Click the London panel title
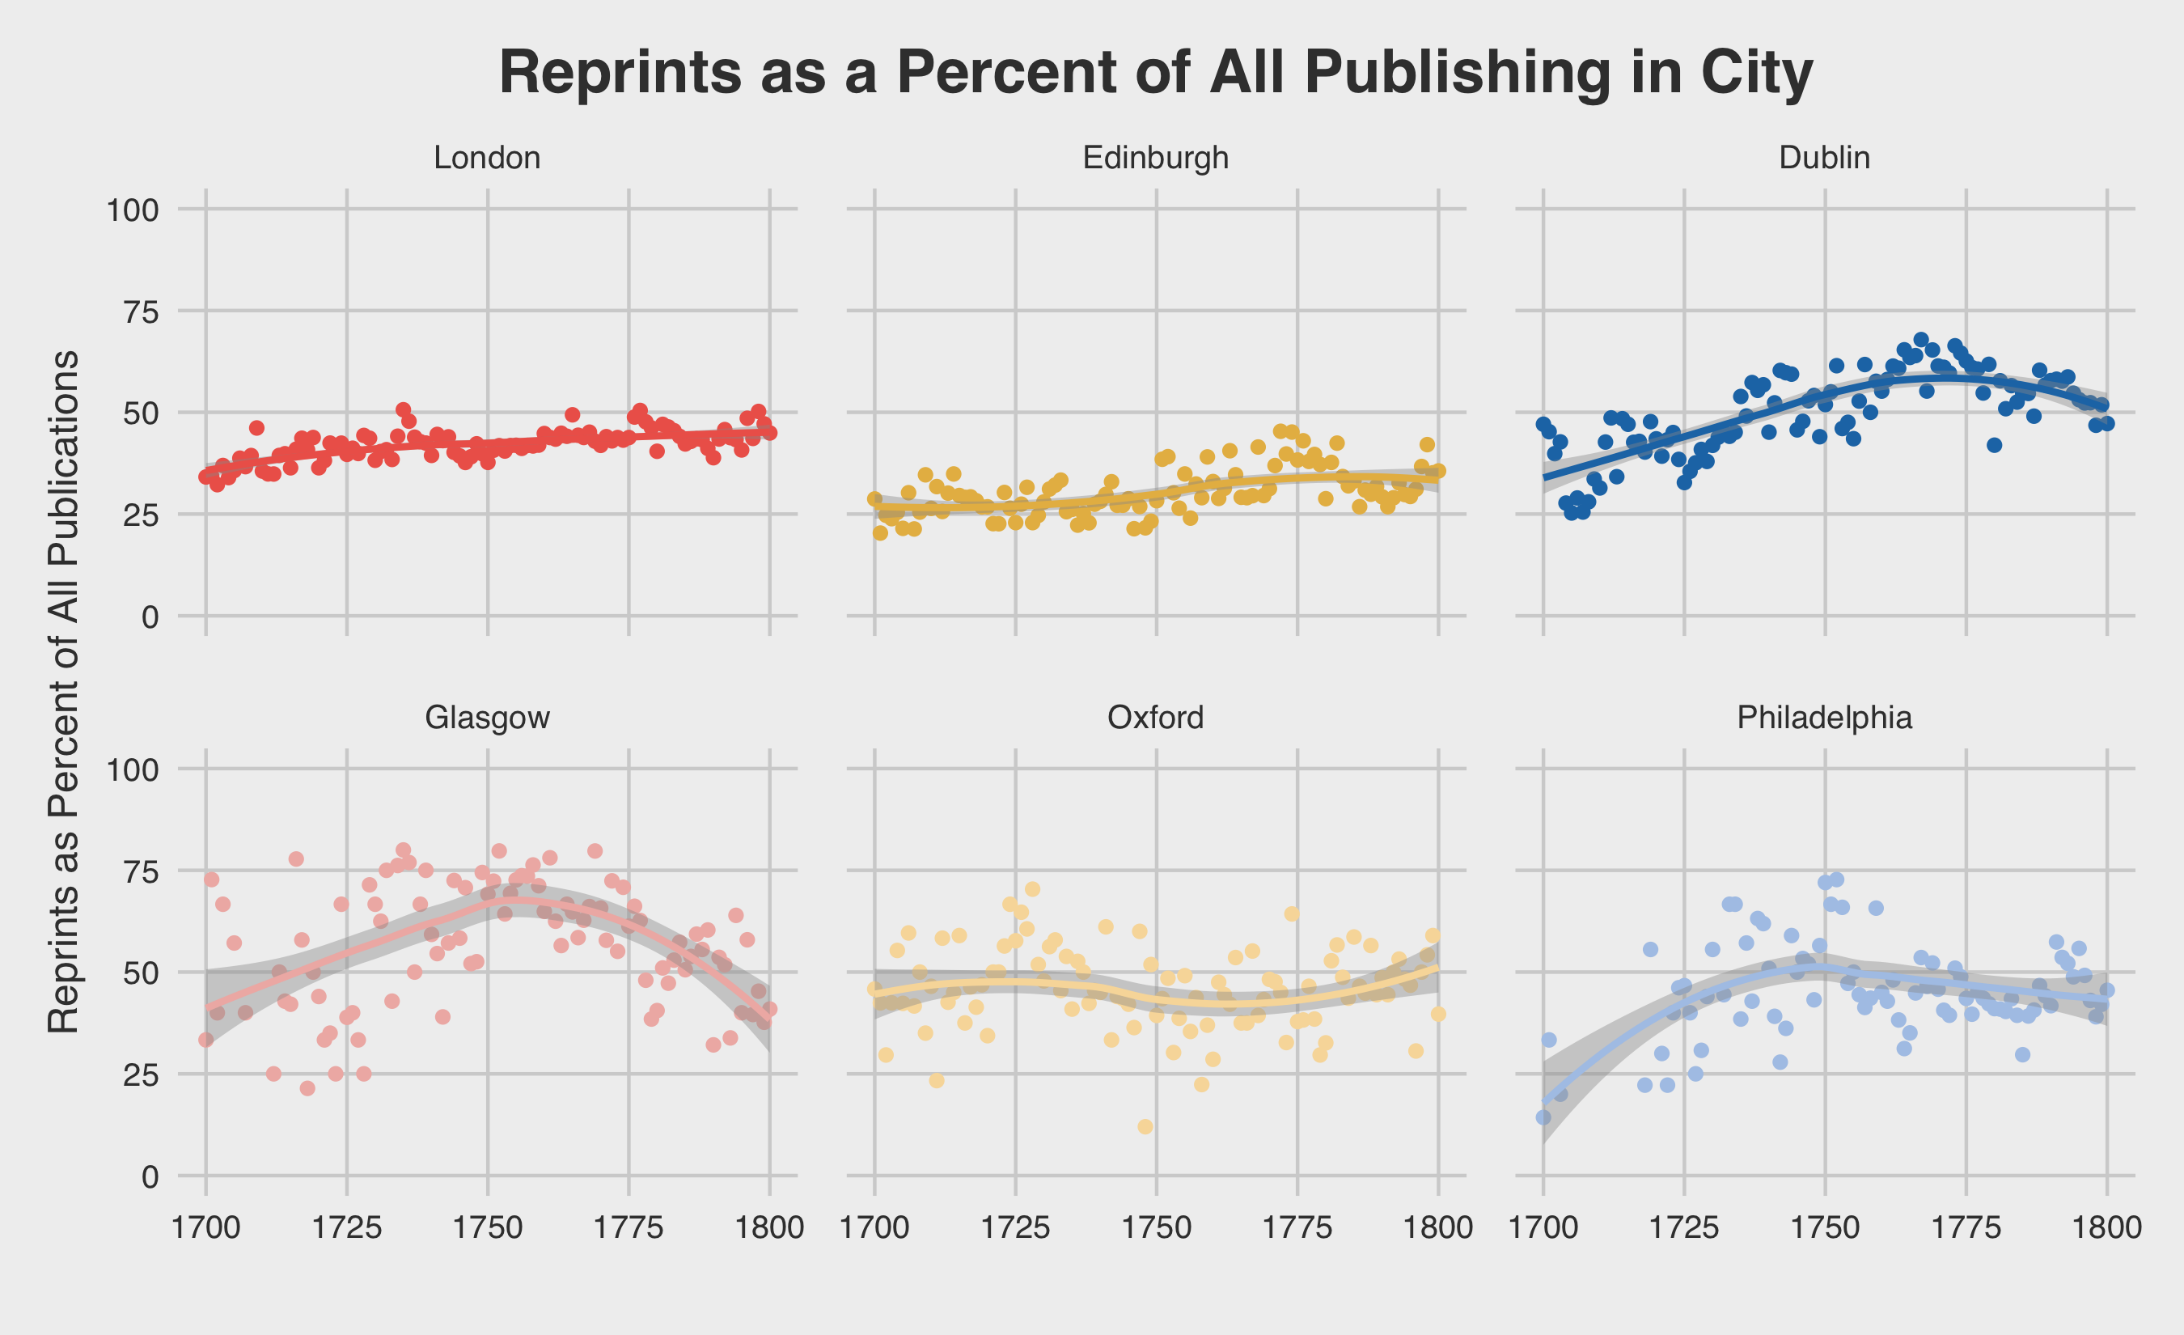coord(487,158)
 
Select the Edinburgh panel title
coord(1156,158)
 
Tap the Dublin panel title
coord(1824,158)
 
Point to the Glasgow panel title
coord(487,717)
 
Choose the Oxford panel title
coord(1156,717)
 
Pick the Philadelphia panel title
coord(1824,717)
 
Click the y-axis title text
coord(64,692)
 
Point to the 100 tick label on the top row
coord(133,210)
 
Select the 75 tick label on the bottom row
coord(139,871)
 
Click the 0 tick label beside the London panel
coord(150,617)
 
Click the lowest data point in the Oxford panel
coord(1145,1127)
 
